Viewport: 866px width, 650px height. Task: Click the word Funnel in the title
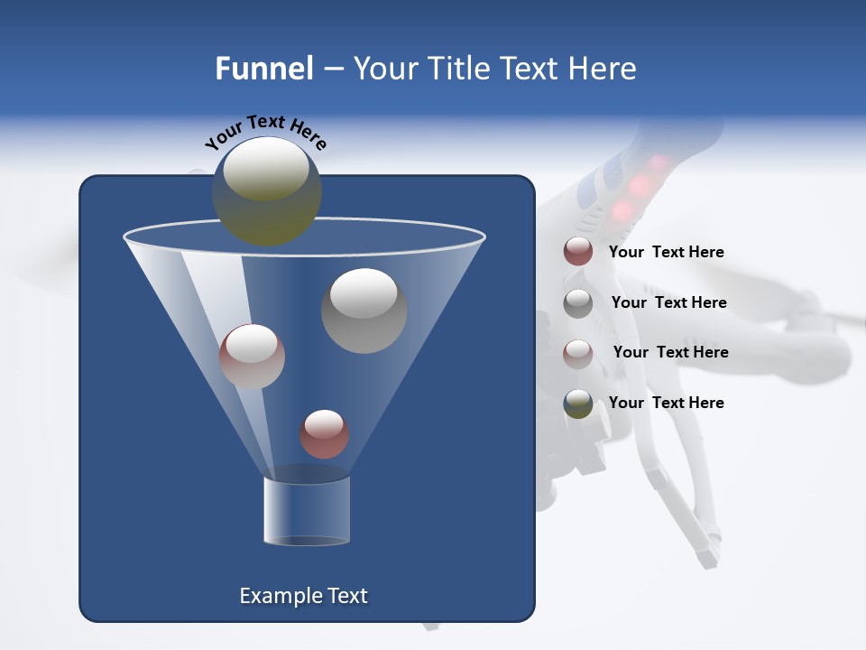pos(263,69)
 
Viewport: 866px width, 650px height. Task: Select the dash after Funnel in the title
pos(332,70)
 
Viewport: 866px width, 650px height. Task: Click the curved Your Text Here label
pos(266,132)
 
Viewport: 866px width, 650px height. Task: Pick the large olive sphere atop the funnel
pos(267,190)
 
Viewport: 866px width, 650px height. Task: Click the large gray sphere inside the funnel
pos(364,310)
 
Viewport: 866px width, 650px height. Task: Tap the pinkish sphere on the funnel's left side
pos(252,357)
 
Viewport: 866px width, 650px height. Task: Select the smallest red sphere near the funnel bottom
pos(324,433)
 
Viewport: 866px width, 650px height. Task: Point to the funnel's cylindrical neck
pos(306,510)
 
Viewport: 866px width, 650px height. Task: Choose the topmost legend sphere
pos(578,252)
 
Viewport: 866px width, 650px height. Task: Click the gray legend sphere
pos(578,302)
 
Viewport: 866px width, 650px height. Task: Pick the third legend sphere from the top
pos(578,353)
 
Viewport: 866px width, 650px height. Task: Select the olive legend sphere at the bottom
pos(578,403)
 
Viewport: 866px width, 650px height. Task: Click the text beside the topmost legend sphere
pos(666,252)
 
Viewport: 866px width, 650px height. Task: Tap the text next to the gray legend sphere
pos(668,302)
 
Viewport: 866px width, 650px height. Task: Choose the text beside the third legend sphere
pos(670,352)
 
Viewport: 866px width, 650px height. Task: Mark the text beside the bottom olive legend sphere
pos(666,403)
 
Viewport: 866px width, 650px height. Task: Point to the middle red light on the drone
pos(640,186)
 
